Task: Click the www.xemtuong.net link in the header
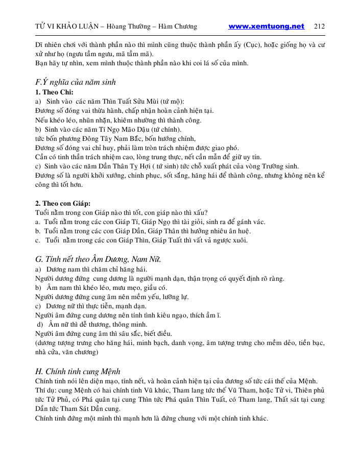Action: tap(266, 27)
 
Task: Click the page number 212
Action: tap(320, 27)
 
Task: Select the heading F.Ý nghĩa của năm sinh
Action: tap(76, 82)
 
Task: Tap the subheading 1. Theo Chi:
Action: tap(55, 92)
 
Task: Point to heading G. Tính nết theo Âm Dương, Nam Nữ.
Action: tap(98, 259)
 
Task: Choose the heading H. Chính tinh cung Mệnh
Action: tap(78, 371)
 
